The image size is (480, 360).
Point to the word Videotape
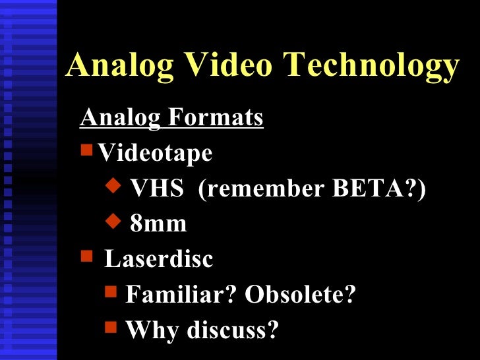(x=155, y=154)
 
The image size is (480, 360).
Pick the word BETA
(x=380, y=189)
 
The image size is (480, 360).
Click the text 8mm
(x=158, y=224)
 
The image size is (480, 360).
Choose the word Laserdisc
(x=158, y=259)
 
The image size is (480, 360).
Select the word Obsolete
(x=300, y=295)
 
